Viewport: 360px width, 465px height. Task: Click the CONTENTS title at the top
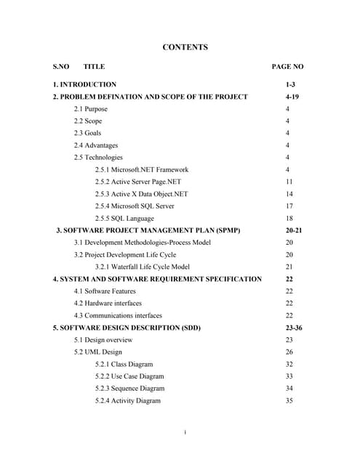[x=185, y=47]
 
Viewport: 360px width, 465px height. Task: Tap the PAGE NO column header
[x=287, y=66]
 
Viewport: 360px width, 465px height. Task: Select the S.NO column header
[x=61, y=66]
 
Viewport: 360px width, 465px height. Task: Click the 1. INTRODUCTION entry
[x=84, y=84]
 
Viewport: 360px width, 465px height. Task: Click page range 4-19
[x=292, y=97]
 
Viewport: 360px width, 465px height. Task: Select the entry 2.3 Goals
[x=87, y=133]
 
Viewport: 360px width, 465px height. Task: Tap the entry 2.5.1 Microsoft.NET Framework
[x=141, y=169]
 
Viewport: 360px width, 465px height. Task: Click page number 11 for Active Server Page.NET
[x=289, y=182]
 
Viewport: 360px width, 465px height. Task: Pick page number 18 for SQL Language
[x=289, y=218]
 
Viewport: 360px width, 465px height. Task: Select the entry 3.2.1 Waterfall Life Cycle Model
[x=142, y=267]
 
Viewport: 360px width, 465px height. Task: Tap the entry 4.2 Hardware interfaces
[x=108, y=303]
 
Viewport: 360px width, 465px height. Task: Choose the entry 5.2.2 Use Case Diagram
[x=129, y=376]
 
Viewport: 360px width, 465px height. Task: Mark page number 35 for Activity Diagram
[x=289, y=400]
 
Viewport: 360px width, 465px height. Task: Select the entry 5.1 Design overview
[x=103, y=339]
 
